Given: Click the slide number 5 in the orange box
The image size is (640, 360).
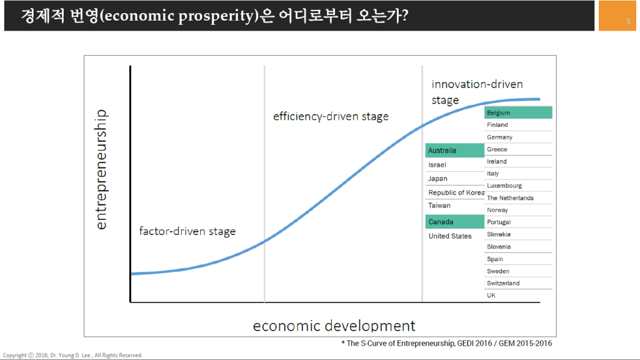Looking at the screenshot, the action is [x=629, y=22].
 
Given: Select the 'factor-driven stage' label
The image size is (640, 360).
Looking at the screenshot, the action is [x=187, y=231].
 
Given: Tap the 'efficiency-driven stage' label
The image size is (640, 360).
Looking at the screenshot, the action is [x=331, y=116].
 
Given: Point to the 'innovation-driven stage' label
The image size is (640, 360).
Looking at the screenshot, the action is [x=477, y=92].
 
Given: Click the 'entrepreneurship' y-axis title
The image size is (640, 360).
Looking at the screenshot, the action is [x=101, y=169].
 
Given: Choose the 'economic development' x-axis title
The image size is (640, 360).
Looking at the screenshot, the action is [x=334, y=326].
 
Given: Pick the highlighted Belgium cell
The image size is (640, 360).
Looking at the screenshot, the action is [x=518, y=112].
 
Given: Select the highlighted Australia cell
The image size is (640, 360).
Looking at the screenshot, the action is [x=455, y=150].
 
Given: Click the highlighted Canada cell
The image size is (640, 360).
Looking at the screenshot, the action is [x=455, y=222].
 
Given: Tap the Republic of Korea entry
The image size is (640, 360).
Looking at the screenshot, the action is [x=456, y=192].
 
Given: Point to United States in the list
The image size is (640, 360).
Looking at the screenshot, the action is [x=450, y=236].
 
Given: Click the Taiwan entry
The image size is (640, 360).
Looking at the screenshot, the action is [x=439, y=205].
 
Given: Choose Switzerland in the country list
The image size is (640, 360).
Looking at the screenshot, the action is [x=503, y=283].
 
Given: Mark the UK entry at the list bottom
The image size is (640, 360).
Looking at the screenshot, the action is [x=491, y=295].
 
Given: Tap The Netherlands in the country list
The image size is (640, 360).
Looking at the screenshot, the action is [x=510, y=198].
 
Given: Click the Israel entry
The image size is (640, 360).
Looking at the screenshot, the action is [x=437, y=165].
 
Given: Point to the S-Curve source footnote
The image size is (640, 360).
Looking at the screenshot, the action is [x=446, y=343].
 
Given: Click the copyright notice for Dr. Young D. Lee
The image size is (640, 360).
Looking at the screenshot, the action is [x=72, y=355].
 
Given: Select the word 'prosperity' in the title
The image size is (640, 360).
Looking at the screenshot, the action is [x=216, y=16].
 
